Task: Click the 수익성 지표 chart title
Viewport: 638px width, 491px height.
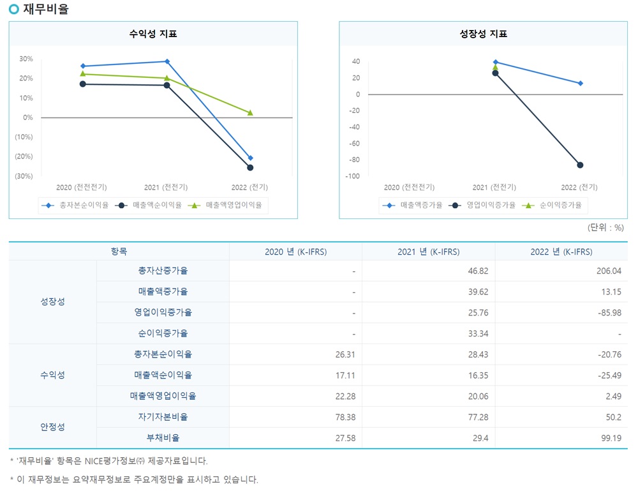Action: click(x=153, y=34)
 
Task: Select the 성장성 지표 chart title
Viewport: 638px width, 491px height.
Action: click(x=483, y=34)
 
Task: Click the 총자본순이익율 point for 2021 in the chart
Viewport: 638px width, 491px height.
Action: click(x=167, y=61)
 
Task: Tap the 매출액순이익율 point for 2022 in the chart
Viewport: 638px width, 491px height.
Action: click(x=250, y=167)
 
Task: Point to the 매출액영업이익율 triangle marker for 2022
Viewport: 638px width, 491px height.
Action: click(x=250, y=112)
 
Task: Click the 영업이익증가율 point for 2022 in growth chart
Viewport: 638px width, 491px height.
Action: click(x=580, y=165)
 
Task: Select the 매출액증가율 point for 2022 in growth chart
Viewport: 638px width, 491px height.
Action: click(x=580, y=83)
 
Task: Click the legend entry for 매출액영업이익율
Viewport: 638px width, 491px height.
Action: click(x=234, y=206)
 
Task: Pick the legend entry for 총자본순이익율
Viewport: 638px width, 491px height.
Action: click(x=76, y=206)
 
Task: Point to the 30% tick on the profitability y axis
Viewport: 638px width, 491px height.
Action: click(x=26, y=59)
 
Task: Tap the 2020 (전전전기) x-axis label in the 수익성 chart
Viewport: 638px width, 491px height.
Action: click(x=81, y=188)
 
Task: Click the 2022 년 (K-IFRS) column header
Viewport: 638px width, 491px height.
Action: click(x=561, y=252)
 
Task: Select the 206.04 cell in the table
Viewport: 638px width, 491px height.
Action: click(x=607, y=271)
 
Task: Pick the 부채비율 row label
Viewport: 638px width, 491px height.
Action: click(x=163, y=438)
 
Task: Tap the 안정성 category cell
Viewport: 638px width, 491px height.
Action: click(x=52, y=427)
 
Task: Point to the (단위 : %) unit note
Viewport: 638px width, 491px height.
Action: click(x=605, y=227)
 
